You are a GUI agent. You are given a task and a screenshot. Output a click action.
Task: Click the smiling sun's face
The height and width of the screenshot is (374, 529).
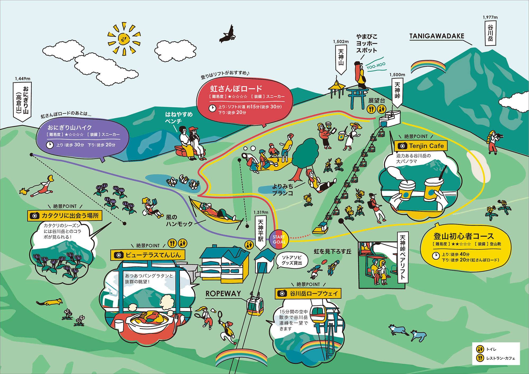(124, 39)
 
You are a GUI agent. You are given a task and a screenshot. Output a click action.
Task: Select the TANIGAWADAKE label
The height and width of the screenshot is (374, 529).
(437, 36)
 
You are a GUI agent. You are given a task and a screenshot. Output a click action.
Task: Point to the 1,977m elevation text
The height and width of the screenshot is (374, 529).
(490, 17)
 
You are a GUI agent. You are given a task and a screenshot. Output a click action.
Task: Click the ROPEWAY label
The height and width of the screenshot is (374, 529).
(223, 294)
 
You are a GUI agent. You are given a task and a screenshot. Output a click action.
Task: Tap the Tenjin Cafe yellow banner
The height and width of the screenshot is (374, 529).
(421, 146)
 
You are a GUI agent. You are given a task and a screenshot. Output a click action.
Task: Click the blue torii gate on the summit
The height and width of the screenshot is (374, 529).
(357, 98)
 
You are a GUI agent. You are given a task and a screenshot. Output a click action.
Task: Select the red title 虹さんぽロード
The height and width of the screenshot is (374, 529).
(236, 89)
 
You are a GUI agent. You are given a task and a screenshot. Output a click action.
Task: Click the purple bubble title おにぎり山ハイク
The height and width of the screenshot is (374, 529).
(70, 127)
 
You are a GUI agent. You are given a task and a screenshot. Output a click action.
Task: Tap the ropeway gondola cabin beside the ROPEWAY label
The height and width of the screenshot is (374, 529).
(255, 305)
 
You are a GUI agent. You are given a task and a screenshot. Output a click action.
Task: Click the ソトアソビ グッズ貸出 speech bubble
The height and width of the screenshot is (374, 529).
(291, 260)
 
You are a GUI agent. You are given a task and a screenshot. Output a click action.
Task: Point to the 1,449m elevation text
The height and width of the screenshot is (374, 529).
(23, 79)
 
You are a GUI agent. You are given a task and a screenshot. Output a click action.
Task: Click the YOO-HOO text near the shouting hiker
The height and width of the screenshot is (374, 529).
(376, 66)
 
